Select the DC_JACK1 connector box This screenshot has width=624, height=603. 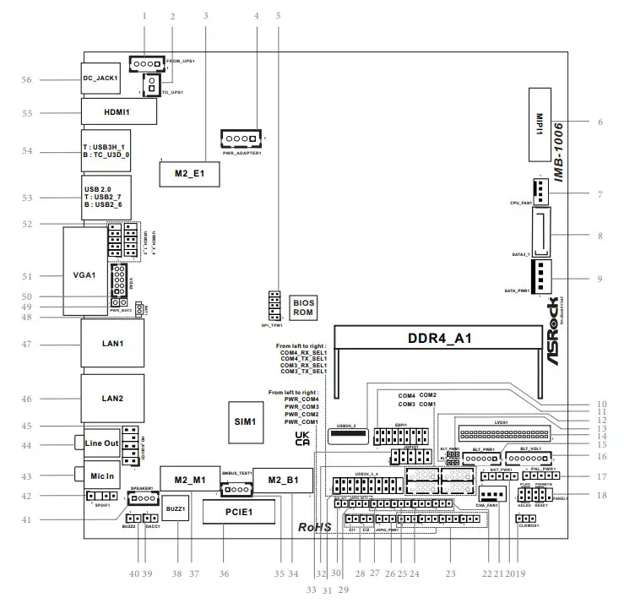click(105, 79)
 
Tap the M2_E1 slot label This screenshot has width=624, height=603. click(189, 172)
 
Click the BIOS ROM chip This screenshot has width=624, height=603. click(304, 306)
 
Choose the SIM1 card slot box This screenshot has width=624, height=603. click(247, 420)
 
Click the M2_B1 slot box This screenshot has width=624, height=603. click(283, 481)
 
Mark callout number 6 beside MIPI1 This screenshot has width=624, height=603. click(600, 122)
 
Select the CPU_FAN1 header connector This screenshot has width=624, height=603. click(540, 190)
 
